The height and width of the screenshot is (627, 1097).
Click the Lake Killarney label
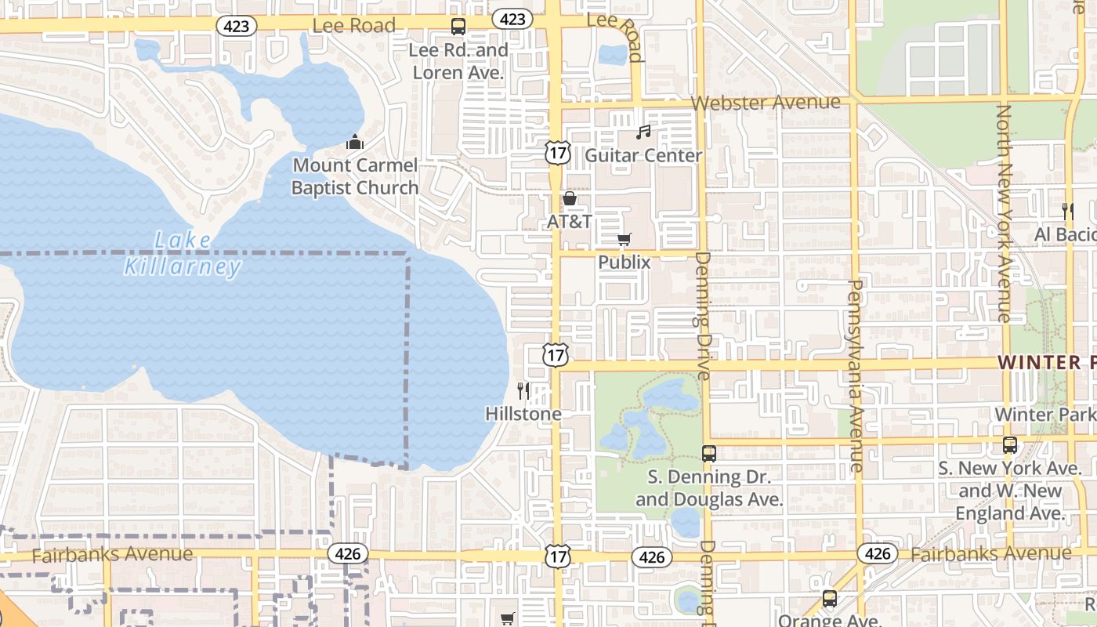tap(183, 253)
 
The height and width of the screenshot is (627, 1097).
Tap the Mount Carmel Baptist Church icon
tap(355, 143)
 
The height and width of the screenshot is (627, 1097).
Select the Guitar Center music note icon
tap(643, 132)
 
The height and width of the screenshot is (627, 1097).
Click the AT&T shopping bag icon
tap(570, 198)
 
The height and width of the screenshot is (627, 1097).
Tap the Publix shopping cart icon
tap(624, 239)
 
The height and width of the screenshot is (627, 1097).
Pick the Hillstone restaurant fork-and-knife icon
tap(523, 390)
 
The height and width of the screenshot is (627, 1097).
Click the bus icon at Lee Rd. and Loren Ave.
tap(458, 27)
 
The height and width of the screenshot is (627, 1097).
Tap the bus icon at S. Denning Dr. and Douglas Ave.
tap(708, 453)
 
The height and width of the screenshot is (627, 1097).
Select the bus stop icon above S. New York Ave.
tap(1010, 445)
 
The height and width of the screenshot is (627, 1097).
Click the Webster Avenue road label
tap(766, 103)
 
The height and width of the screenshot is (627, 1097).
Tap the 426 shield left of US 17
tap(347, 553)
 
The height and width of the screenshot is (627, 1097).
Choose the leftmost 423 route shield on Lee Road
tap(236, 27)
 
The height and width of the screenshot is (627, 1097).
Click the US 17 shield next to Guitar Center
tap(557, 153)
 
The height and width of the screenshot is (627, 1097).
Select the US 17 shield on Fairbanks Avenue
tap(557, 556)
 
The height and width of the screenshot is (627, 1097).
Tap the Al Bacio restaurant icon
tap(1066, 210)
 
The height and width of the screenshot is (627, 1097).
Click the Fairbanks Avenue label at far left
tap(112, 554)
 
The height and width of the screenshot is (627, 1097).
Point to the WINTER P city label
tap(1047, 362)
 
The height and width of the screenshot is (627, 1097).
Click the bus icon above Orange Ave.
tap(830, 600)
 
